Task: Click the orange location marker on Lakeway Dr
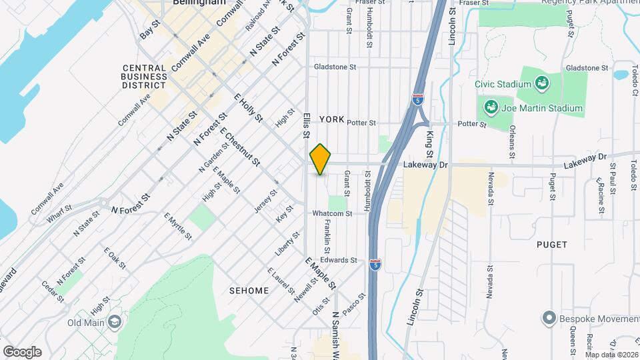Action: [x=321, y=159]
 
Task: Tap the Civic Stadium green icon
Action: [x=543, y=84]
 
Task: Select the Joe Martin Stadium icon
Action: [x=491, y=107]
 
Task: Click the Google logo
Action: [x=22, y=351]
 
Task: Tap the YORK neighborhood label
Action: [x=331, y=119]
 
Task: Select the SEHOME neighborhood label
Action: [x=248, y=291]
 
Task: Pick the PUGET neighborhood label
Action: [x=552, y=245]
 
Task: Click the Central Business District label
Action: [x=145, y=76]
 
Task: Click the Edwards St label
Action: [x=335, y=260]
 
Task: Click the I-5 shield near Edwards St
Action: [x=375, y=265]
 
